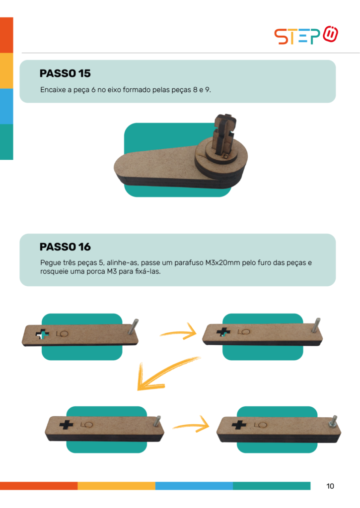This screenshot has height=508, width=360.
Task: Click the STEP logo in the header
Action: click(306, 35)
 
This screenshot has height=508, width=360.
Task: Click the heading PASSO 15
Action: click(65, 73)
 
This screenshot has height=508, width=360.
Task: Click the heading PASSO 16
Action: click(65, 247)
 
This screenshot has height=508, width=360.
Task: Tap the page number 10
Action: click(330, 486)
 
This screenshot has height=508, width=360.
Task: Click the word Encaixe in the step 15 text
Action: click(53, 90)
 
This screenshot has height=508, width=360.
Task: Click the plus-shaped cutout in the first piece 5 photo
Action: click(43, 334)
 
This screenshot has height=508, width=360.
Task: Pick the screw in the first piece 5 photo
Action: click(133, 326)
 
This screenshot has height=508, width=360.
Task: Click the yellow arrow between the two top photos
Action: click(179, 332)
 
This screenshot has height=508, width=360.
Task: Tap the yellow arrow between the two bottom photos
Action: click(191, 425)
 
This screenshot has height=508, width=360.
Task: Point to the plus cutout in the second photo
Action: click(223, 332)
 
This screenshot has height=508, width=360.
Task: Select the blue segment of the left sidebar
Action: click(6, 106)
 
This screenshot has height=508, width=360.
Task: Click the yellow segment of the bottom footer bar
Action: click(116, 486)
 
